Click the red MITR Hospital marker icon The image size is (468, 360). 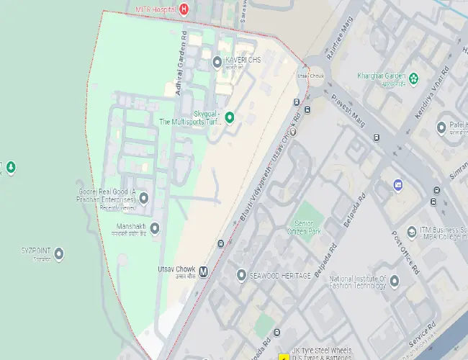click(x=184, y=9)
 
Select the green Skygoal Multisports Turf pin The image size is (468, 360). click(x=230, y=117)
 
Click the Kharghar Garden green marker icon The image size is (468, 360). click(x=414, y=77)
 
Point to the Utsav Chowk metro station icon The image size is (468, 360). click(x=204, y=272)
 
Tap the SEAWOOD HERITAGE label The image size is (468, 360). click(x=280, y=276)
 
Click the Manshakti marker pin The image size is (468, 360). click(x=154, y=228)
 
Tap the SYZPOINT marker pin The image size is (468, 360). click(x=59, y=253)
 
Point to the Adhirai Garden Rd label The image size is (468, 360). click(x=182, y=65)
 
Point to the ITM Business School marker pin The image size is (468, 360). click(x=413, y=232)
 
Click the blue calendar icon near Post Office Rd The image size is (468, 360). click(x=398, y=186)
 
